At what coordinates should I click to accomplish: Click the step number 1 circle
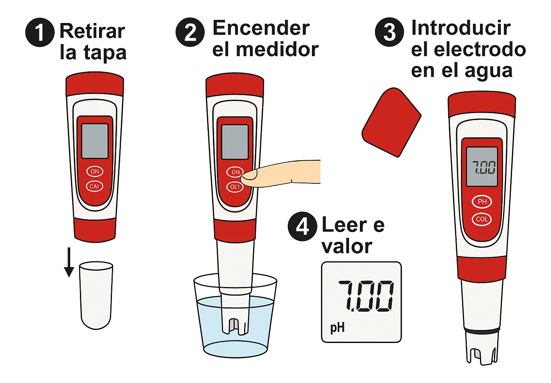coord(40,32)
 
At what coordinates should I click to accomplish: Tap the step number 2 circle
coord(190,32)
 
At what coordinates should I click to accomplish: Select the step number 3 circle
coord(390,32)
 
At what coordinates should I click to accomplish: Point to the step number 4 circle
coord(302,226)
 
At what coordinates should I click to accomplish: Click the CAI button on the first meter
coord(94,186)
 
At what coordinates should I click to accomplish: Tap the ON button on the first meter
coord(95,172)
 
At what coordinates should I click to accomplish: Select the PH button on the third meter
coord(482,202)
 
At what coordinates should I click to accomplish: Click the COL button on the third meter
coord(482,219)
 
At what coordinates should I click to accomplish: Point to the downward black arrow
coord(69,262)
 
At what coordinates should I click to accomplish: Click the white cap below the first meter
coord(96,295)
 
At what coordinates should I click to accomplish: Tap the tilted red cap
coord(392,122)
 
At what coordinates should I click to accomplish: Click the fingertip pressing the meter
coord(249,177)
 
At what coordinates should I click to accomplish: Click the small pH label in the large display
coord(337,328)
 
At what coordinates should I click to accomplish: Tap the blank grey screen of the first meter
coord(95,141)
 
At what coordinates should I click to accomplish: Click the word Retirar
coord(92,31)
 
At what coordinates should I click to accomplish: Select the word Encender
coord(261,28)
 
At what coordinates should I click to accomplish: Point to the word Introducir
coord(461,28)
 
